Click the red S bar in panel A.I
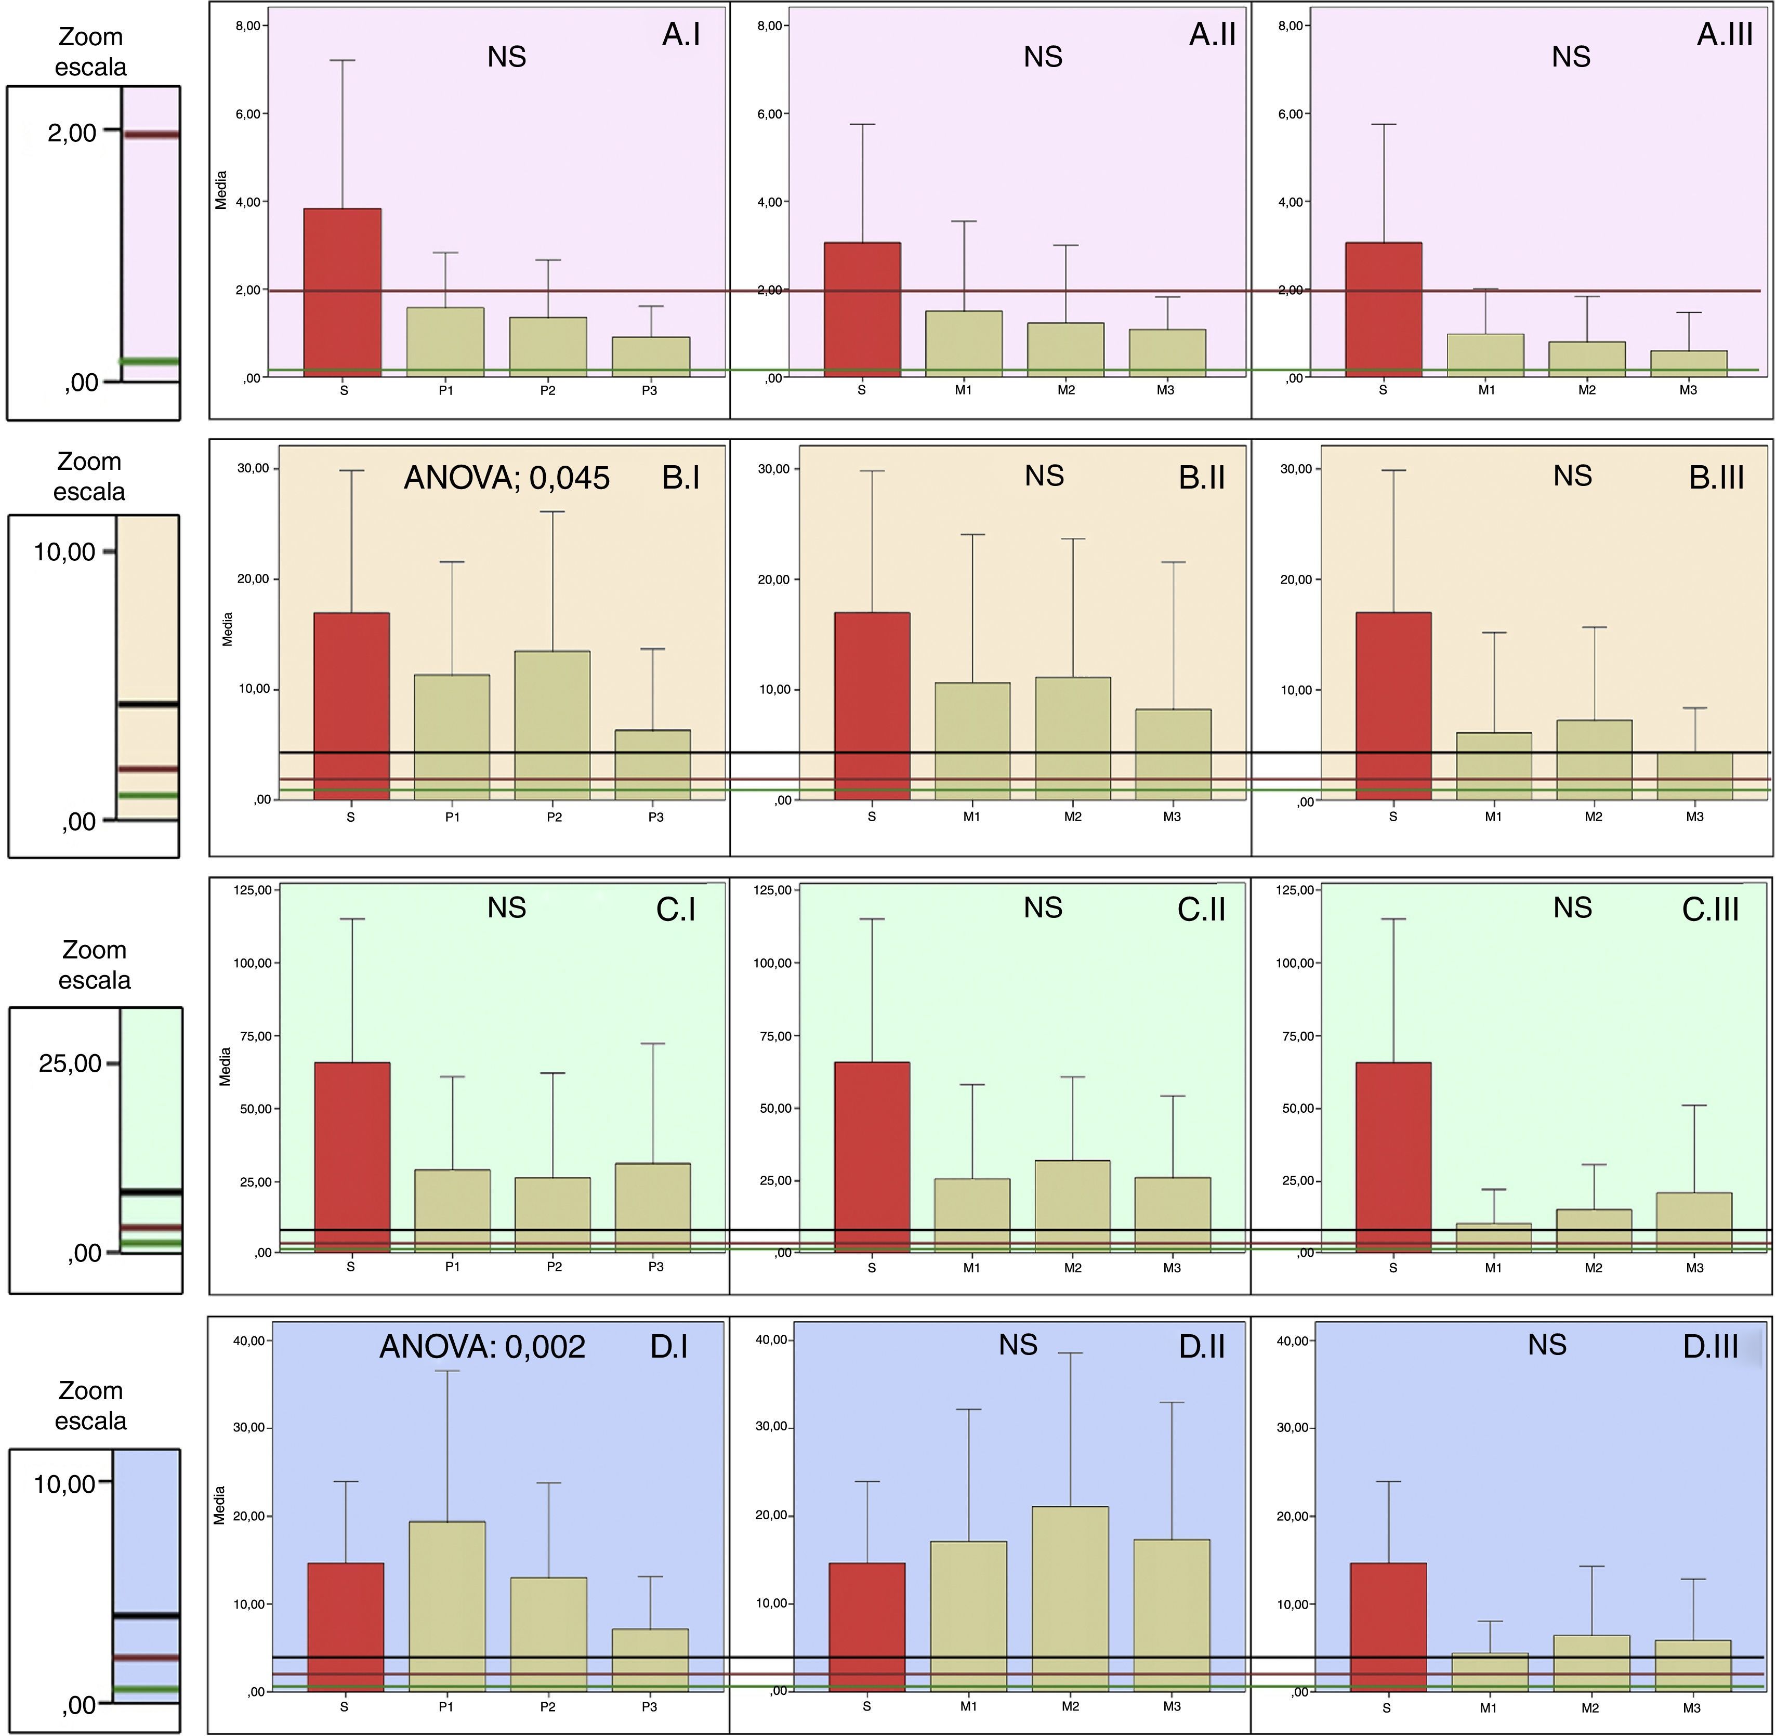(343, 292)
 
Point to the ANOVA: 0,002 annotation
(482, 1347)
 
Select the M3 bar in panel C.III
(1694, 1222)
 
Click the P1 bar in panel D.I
(447, 1607)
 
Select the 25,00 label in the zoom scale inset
(70, 1063)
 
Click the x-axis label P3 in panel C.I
(655, 1267)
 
